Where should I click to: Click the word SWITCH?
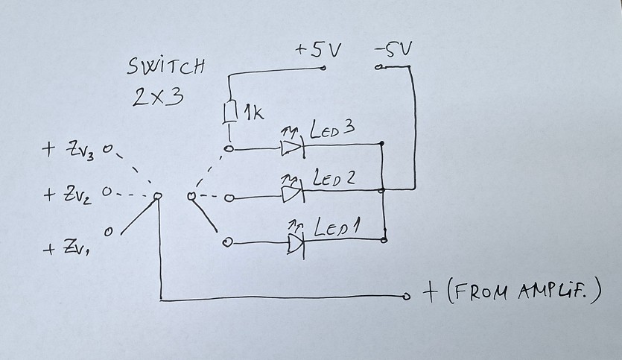pos(166,66)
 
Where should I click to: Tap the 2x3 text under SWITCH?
pos(158,96)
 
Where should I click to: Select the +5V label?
pos(318,50)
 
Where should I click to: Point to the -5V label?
pos(393,49)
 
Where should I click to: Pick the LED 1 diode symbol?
pos(296,243)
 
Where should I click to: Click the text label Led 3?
pos(331,129)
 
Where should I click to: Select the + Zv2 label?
pos(68,195)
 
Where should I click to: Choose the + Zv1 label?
pos(66,248)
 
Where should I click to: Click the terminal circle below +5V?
pos(323,68)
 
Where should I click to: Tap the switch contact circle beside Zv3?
pos(107,149)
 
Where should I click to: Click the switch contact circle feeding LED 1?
pos(227,242)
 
